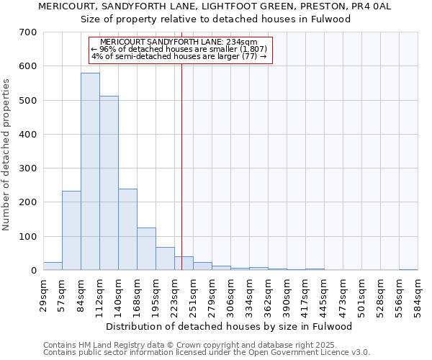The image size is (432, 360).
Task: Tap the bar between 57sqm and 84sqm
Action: (71, 230)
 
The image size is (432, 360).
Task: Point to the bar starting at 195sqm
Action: (165, 258)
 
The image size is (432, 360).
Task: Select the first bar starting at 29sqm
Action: (53, 266)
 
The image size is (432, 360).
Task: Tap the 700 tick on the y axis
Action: (28, 32)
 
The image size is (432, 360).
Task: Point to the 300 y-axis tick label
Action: (28, 168)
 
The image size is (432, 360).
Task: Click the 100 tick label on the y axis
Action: (28, 237)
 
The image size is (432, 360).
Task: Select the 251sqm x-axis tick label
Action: (193, 294)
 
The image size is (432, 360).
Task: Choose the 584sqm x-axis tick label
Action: (418, 294)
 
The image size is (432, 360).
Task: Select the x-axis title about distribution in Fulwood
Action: (230, 326)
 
